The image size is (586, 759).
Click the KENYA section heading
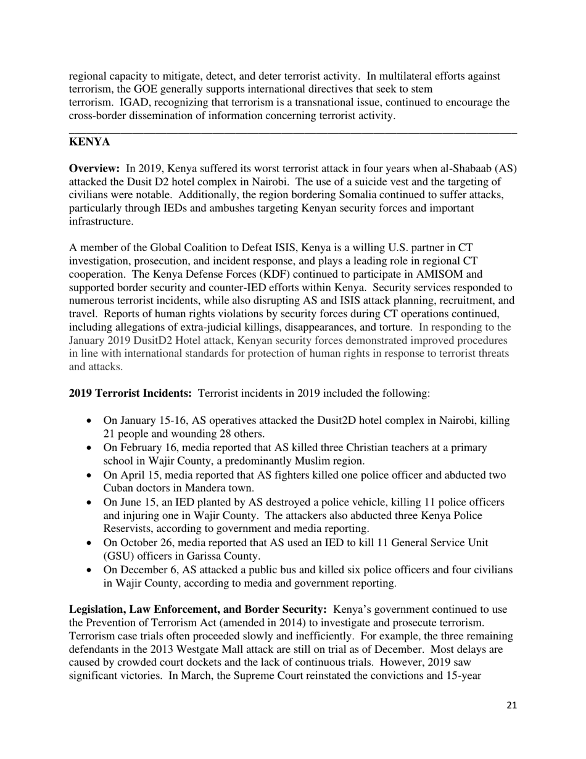pyautogui.click(x=89, y=143)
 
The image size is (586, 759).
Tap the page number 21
pyautogui.click(x=511, y=705)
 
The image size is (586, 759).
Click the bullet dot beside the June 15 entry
pyautogui.click(x=91, y=503)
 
